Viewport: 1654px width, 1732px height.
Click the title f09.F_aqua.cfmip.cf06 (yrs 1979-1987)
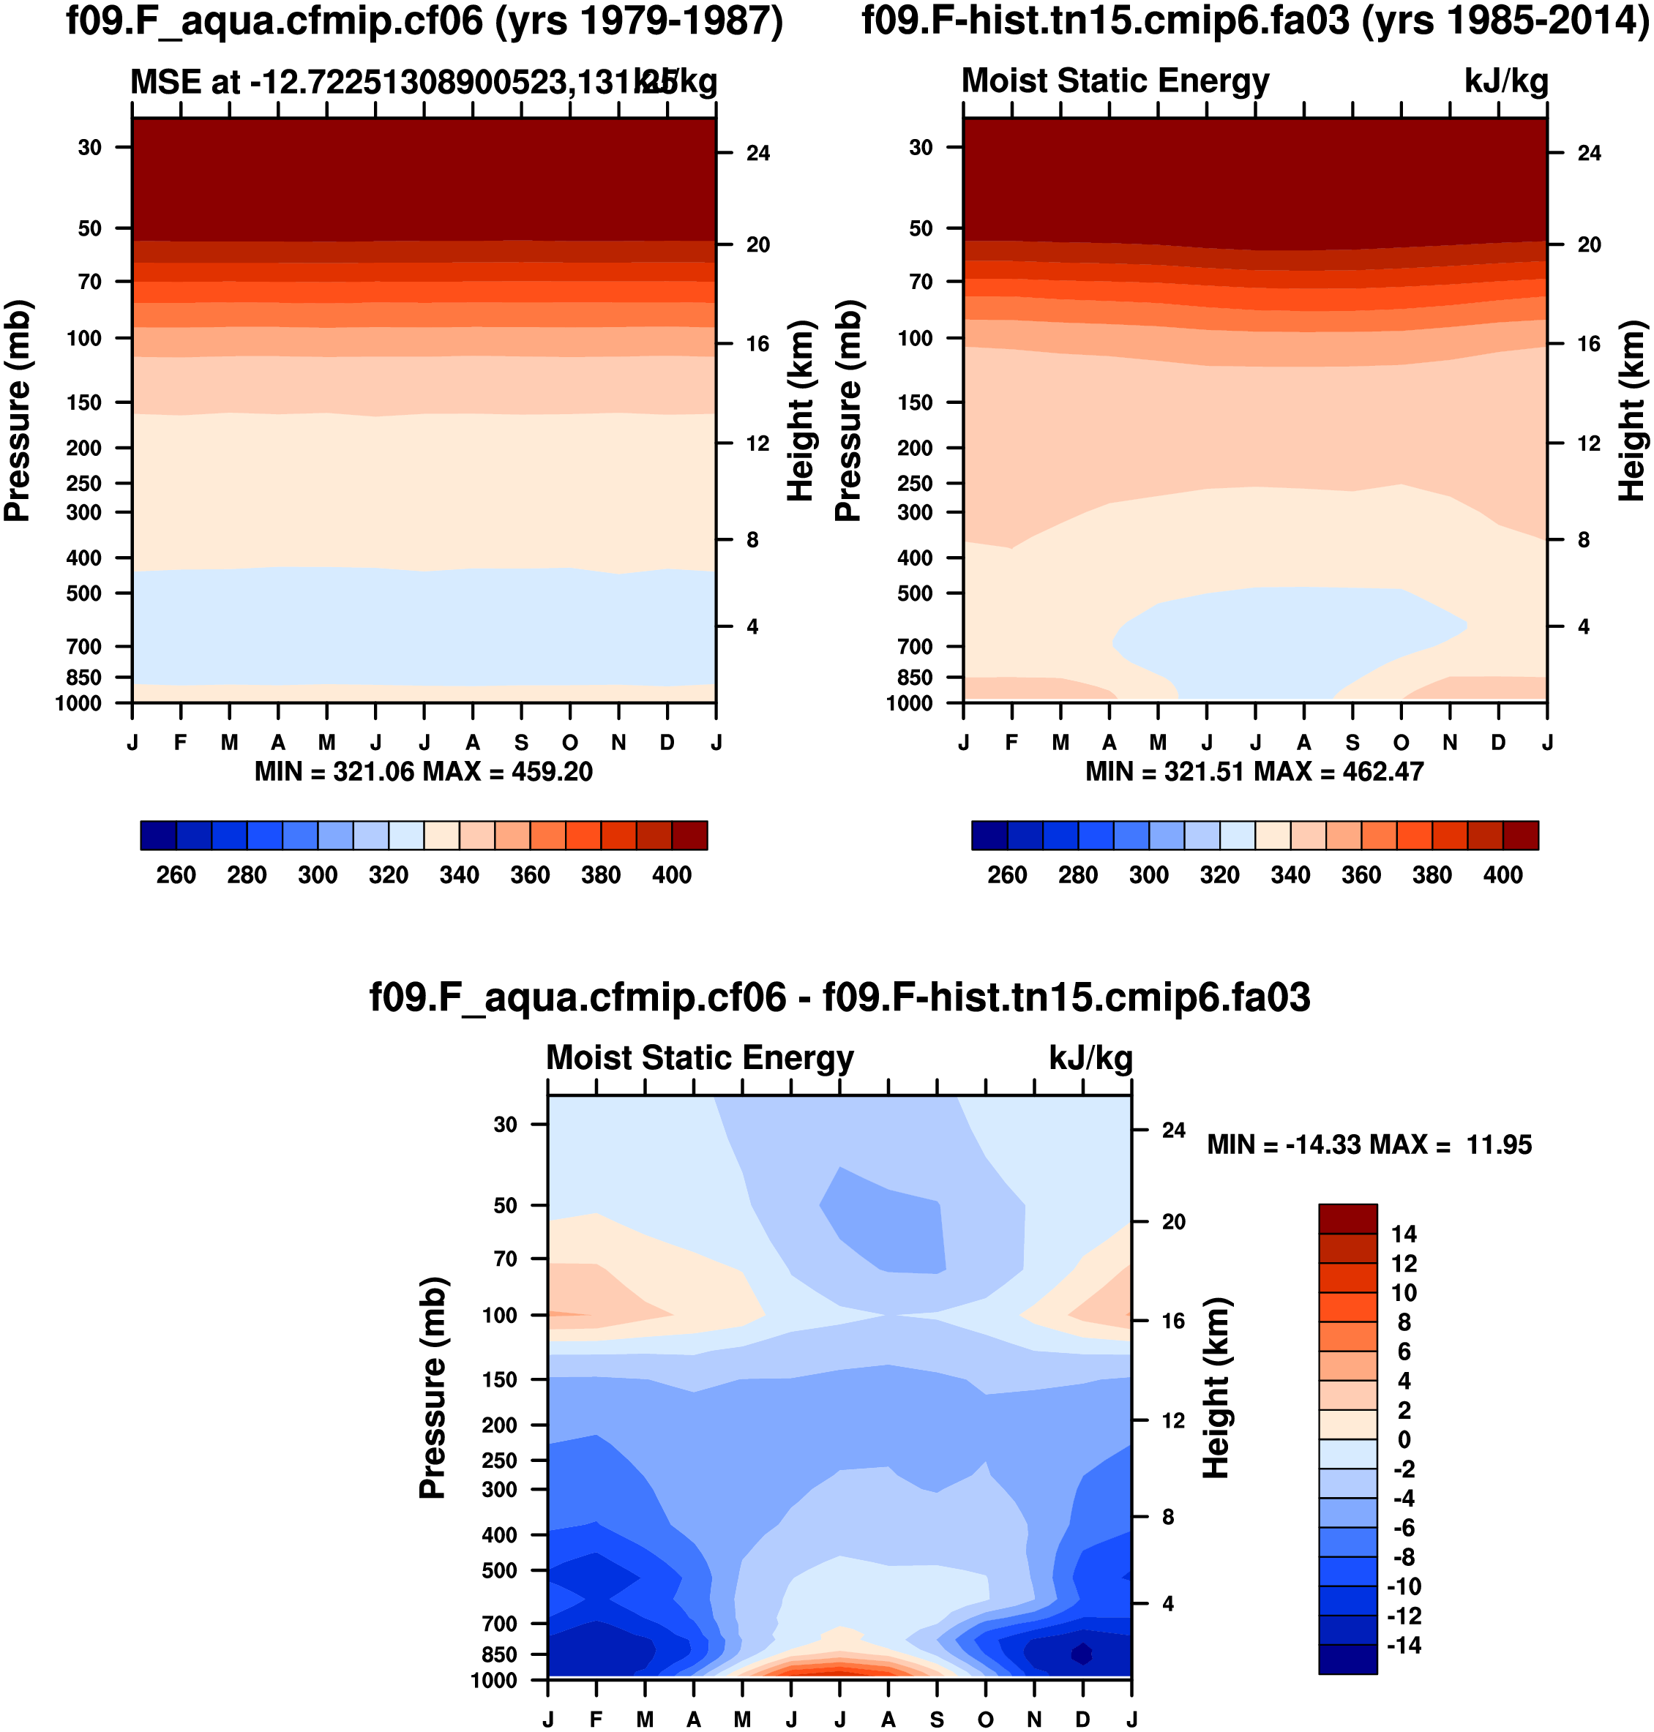click(x=424, y=21)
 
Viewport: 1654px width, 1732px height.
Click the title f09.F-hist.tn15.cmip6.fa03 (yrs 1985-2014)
click(x=1254, y=21)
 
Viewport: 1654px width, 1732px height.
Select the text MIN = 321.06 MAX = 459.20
click(x=423, y=772)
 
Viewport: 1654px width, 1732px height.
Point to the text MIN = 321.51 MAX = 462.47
click(x=1254, y=772)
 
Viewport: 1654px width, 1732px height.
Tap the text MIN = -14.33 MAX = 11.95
click(x=1369, y=1145)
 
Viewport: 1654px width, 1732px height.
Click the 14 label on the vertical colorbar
click(x=1404, y=1234)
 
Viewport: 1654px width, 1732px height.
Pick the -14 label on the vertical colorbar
click(x=1404, y=1646)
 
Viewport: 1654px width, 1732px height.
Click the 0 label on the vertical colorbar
click(x=1404, y=1439)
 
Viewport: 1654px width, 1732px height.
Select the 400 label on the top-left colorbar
click(x=672, y=875)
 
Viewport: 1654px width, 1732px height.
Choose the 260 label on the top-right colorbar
click(x=1007, y=875)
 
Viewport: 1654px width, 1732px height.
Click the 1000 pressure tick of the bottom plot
click(x=494, y=1681)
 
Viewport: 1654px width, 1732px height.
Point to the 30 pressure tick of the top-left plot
click(x=90, y=147)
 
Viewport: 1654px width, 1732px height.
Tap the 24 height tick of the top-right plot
click(x=1589, y=154)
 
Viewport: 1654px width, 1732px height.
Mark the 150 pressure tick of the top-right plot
click(x=914, y=402)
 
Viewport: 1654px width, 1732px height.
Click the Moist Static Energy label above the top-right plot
click(x=1115, y=81)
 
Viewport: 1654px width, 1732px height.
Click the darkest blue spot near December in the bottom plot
click(x=1082, y=1654)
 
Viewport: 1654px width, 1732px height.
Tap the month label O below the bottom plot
click(x=985, y=1720)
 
